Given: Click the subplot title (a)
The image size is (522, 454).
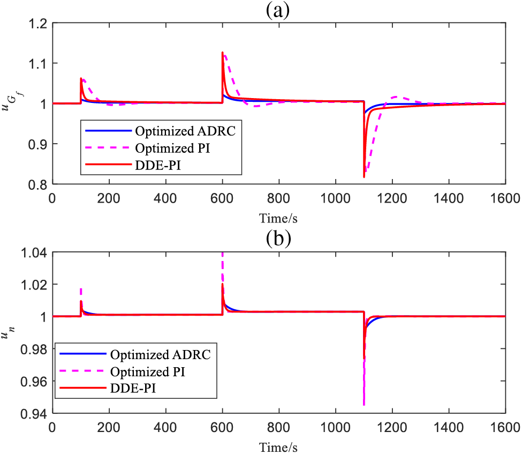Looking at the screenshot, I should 278,10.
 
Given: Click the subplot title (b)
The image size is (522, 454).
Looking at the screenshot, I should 278,239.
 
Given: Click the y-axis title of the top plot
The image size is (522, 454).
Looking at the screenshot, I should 10,103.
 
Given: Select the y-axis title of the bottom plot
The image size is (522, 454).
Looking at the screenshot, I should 9,332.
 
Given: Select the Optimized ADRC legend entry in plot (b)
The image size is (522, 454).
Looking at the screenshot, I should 148,355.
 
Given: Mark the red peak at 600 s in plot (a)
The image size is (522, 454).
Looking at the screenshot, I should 222,53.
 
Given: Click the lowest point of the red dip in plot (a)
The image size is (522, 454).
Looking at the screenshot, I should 364,177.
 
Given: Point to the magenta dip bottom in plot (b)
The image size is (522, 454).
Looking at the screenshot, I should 364,405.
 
